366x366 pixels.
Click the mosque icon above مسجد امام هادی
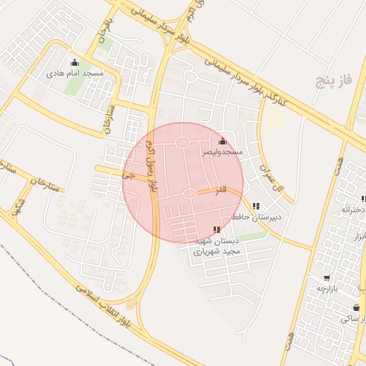click(75, 62)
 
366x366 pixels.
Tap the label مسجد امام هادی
click(75, 73)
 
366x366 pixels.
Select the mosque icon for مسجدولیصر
click(222, 141)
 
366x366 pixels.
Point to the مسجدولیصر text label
click(222, 152)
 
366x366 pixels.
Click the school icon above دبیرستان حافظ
click(256, 206)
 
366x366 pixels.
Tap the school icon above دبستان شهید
click(217, 229)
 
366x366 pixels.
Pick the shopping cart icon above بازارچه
click(327, 277)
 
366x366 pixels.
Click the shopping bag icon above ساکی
click(356, 307)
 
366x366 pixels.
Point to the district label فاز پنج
click(335, 81)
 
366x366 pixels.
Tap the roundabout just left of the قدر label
click(190, 194)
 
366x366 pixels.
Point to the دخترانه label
click(353, 209)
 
